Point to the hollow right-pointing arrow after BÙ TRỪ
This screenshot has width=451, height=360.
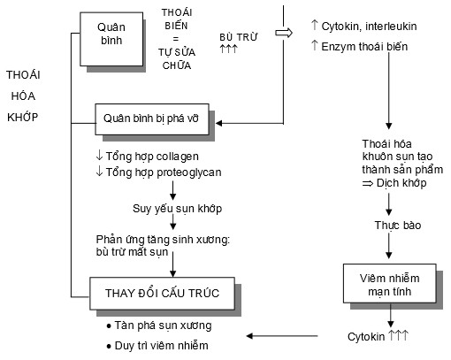click(x=284, y=33)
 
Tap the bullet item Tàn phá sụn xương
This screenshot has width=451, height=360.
click(x=163, y=325)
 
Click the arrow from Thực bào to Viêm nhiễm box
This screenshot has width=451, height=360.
click(x=388, y=249)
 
